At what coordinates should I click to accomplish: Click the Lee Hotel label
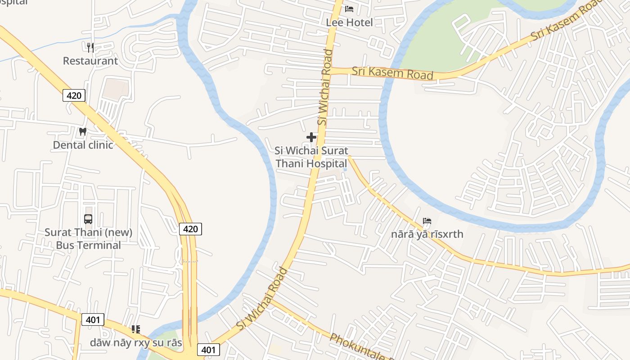[349, 22]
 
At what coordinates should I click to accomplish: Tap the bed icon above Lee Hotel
[349, 9]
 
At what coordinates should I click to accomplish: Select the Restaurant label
[90, 61]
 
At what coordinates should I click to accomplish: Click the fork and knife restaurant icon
[90, 47]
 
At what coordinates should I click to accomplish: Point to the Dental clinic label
[83, 145]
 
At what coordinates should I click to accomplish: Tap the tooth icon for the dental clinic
[82, 131]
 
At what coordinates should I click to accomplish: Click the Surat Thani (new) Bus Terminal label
[88, 239]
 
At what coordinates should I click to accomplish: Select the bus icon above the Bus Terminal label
[88, 219]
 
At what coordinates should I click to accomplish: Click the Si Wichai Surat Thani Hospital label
[311, 157]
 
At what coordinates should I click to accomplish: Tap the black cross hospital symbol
[311, 137]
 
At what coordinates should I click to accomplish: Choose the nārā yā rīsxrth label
[427, 234]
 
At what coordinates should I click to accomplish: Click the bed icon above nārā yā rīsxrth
[427, 221]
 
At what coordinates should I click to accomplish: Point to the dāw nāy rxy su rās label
[136, 343]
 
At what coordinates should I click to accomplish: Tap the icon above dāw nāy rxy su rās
[136, 329]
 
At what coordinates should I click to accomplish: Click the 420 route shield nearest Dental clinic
[74, 95]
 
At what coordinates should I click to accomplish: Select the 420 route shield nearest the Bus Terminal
[190, 229]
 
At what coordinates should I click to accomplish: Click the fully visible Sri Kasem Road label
[392, 73]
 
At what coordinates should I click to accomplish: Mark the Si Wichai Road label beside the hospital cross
[325, 88]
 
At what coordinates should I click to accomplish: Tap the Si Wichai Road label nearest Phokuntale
[262, 298]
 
